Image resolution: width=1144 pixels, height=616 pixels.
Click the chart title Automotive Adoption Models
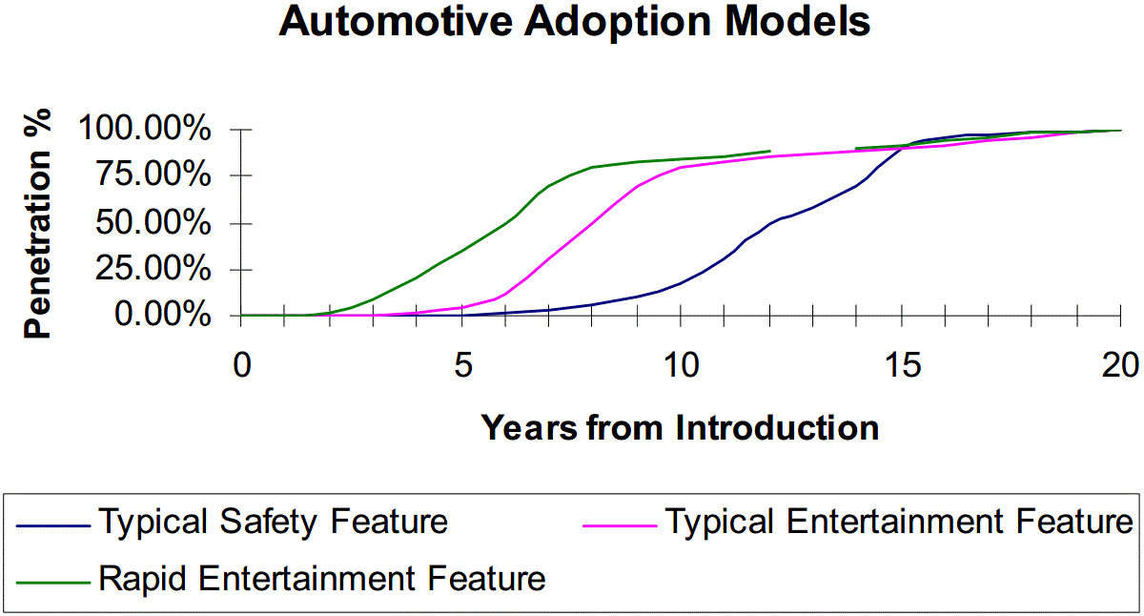point(575,21)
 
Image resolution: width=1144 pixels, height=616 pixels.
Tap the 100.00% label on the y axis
point(145,128)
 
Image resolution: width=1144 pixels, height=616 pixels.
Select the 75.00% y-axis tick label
point(153,175)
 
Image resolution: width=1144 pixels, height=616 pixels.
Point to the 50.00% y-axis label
point(153,223)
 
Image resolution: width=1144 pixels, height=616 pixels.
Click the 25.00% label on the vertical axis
point(153,269)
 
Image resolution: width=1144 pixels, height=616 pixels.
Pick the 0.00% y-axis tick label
point(162,314)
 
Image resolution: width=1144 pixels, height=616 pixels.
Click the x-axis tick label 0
point(242,366)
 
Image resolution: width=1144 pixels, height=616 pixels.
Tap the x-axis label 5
point(463,366)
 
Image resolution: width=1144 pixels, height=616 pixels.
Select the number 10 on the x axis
point(682,366)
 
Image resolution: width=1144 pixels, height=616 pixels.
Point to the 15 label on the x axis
point(903,366)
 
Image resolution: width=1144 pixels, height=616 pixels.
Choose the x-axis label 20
point(1120,366)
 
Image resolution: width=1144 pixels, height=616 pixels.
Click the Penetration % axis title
point(37,223)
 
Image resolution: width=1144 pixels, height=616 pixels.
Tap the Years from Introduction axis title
point(681,427)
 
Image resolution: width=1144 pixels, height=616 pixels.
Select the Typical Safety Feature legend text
point(274,523)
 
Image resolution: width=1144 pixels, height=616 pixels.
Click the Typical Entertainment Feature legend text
point(899,522)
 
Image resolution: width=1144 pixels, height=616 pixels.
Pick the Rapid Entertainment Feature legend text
point(322,579)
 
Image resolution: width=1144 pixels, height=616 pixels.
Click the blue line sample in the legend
point(53,525)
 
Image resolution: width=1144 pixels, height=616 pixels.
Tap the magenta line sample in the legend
point(620,525)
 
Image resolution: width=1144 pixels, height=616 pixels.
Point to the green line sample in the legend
point(53,583)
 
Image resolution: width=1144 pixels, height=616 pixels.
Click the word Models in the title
point(798,21)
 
